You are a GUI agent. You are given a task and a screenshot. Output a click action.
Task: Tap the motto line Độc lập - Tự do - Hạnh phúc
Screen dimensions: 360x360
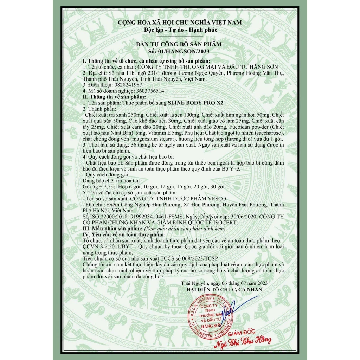pyautogui.click(x=180, y=30)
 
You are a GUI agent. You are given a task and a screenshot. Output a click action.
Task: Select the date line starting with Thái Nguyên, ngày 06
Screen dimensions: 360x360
pyautogui.click(x=225, y=283)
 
